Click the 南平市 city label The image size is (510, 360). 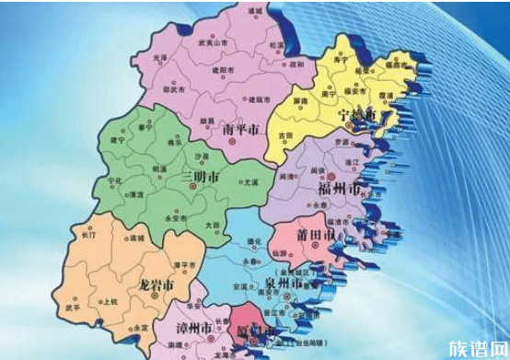(242, 131)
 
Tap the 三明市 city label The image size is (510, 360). (200, 175)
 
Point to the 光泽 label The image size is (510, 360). (161, 58)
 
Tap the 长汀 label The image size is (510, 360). (89, 236)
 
